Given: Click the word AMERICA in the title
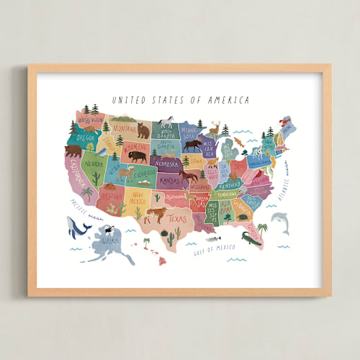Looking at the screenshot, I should click(229, 101).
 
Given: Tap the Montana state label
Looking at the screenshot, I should click(123, 128).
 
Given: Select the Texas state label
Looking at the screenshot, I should click(177, 217).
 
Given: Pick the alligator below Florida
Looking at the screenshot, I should click(253, 238).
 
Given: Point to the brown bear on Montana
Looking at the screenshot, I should click(143, 131).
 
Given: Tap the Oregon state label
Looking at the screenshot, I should click(86, 137).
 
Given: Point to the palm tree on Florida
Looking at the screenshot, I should click(262, 228).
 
